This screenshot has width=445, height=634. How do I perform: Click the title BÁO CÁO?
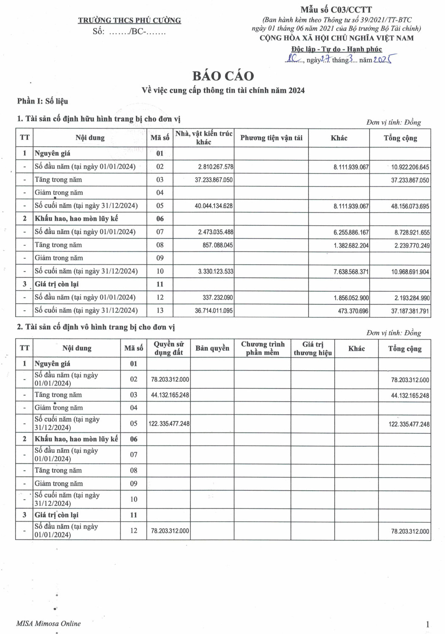tap(223, 76)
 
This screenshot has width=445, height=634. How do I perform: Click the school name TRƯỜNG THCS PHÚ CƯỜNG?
tap(129, 20)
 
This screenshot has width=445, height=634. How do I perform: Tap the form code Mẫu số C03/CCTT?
tap(336, 10)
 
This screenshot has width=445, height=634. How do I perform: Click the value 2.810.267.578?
tap(216, 167)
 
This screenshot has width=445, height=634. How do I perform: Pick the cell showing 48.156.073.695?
tap(409, 206)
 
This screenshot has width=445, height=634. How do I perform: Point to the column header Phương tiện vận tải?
tap(271, 138)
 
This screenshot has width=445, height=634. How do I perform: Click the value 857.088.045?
tap(217, 245)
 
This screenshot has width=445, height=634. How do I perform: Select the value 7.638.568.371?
tap(351, 272)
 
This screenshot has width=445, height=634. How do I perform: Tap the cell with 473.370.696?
tap(353, 311)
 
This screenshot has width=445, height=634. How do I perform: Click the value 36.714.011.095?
tap(214, 311)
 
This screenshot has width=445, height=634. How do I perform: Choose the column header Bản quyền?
tap(212, 348)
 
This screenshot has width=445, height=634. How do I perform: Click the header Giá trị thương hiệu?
tap(313, 349)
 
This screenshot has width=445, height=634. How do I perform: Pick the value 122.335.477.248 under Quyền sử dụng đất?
tap(169, 424)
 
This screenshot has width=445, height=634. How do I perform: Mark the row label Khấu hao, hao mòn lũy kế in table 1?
tap(76, 219)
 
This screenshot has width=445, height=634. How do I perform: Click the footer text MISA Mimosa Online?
tap(48, 623)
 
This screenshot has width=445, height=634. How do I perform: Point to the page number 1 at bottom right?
tap(427, 624)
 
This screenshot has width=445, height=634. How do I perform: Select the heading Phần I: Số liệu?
tap(42, 101)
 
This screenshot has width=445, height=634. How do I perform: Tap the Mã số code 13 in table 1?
tap(160, 311)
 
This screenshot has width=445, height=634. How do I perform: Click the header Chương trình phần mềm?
tap(263, 349)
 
